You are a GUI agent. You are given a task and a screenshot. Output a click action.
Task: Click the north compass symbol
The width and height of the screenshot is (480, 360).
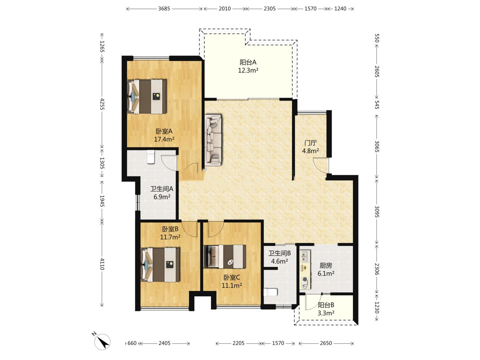coord(102,341)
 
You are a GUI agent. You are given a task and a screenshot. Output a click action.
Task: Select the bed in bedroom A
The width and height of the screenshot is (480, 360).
coord(147,96)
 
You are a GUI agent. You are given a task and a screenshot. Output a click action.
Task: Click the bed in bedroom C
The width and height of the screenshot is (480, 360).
coord(225,256)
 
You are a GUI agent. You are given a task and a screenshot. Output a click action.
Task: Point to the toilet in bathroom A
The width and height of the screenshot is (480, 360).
coord(151,157)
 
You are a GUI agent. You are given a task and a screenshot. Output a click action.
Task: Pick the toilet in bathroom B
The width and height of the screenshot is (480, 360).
coord(271,292)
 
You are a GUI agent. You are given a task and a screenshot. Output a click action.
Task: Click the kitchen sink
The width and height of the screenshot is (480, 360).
coord(305,257)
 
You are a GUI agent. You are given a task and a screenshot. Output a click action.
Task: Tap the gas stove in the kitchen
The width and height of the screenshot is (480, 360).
coord(305,282)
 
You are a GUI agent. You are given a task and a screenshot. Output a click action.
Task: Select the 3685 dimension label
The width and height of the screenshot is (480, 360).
coord(164,9)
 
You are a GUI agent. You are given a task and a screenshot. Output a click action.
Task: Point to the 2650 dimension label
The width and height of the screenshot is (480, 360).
coord(326,343)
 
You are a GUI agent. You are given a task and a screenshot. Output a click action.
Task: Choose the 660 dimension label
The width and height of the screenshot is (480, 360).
coord(132,343)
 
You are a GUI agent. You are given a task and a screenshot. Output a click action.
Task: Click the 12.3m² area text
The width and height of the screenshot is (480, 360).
coord(248,70)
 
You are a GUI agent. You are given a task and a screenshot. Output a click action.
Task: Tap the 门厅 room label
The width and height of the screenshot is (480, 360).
coord(311,143)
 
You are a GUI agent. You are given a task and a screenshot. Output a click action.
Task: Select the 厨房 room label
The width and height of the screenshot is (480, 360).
coord(326,266)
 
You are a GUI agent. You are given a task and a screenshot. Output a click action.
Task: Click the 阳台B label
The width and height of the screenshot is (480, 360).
coord(326,305)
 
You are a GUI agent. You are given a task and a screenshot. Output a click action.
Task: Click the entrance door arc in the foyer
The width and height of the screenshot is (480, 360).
coord(321,165)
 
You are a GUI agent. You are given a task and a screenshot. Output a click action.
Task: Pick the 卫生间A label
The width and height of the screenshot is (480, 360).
coord(162,189)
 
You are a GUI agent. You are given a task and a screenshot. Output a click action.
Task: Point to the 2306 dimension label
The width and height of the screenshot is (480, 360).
coord(377,269)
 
